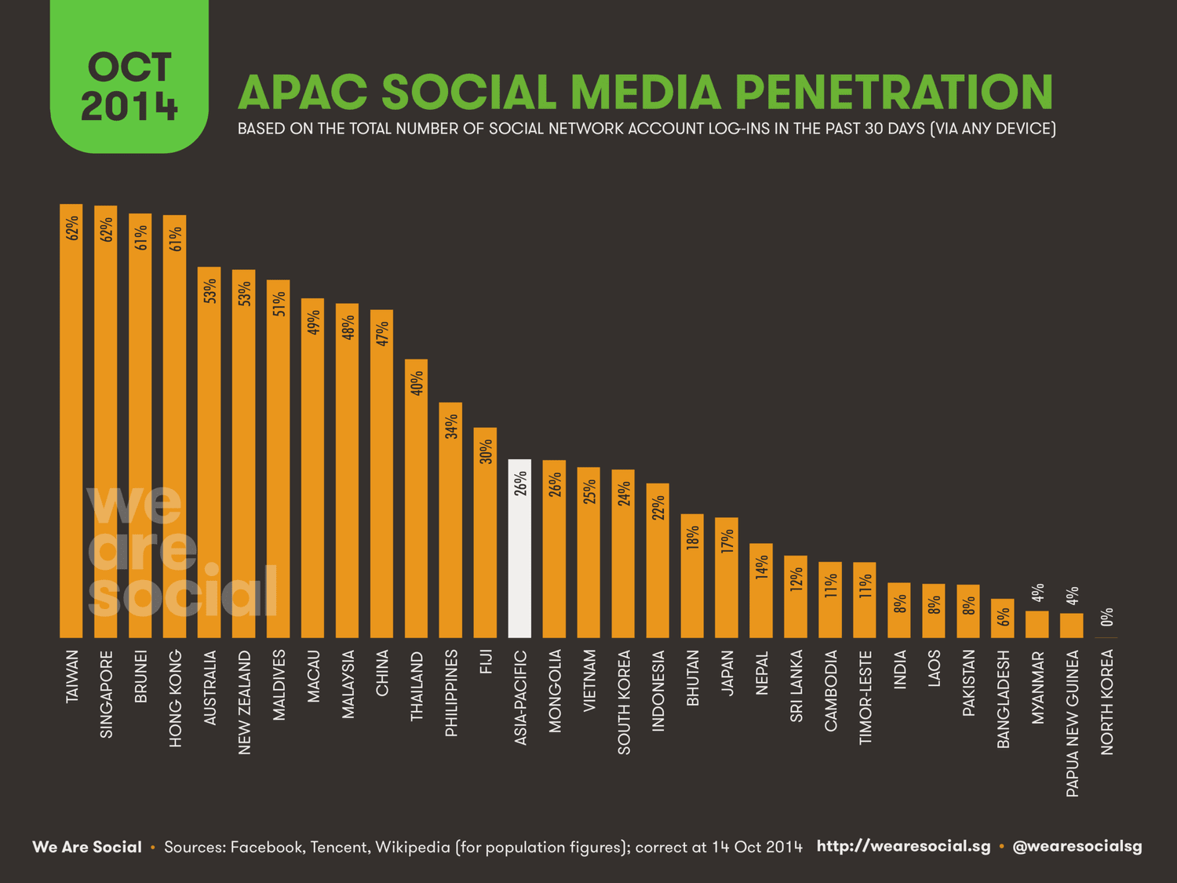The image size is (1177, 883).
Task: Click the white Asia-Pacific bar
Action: click(x=519, y=549)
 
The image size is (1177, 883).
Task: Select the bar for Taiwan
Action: click(x=71, y=424)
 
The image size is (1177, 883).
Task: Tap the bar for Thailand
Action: click(x=416, y=502)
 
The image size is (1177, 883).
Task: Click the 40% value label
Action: click(x=417, y=383)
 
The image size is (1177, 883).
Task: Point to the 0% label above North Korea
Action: click(x=1107, y=617)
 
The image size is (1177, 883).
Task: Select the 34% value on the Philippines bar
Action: click(x=451, y=426)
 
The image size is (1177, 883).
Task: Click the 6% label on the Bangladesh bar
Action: click(x=1004, y=617)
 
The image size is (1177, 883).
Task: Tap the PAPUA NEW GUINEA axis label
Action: click(x=1073, y=723)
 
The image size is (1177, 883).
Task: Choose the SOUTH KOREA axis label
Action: click(x=624, y=702)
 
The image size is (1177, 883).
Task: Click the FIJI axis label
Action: click(x=486, y=662)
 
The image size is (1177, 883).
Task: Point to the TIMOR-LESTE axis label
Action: click(x=865, y=698)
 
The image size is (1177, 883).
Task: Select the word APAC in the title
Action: click(x=303, y=93)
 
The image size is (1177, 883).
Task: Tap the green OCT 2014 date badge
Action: click(x=129, y=77)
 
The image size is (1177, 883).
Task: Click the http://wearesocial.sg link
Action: click(x=903, y=846)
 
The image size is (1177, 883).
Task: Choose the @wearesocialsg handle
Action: click(x=1077, y=846)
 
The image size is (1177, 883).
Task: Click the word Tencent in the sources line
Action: click(x=338, y=847)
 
